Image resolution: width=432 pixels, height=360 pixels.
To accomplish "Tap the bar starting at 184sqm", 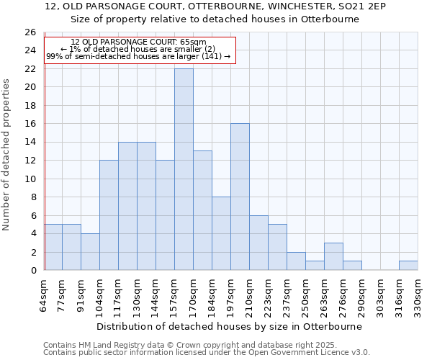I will click(221, 233).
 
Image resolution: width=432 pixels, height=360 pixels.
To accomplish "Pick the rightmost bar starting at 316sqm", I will click(408, 265).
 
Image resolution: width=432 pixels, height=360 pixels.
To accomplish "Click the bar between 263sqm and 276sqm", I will click(333, 256).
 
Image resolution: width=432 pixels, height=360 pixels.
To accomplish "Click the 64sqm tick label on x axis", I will click(43, 294).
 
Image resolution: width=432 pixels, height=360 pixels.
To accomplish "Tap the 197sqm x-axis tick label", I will click(230, 294).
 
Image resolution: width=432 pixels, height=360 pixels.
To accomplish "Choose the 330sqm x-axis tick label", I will click(418, 294).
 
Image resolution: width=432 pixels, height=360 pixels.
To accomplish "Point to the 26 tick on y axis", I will click(30, 32).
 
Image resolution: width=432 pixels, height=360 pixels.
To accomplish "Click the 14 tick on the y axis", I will click(30, 143).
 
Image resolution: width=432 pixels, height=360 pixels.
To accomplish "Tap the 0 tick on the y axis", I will click(32, 270).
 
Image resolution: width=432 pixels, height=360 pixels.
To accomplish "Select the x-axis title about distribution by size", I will click(230, 326).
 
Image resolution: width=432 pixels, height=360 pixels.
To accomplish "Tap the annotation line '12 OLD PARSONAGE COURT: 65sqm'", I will click(138, 42).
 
